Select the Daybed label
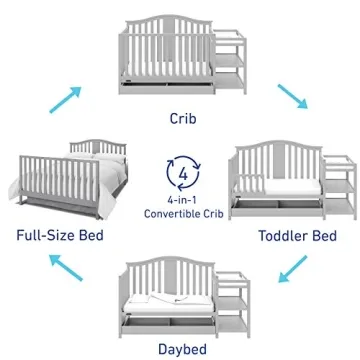pyautogui.click(x=180, y=349)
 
